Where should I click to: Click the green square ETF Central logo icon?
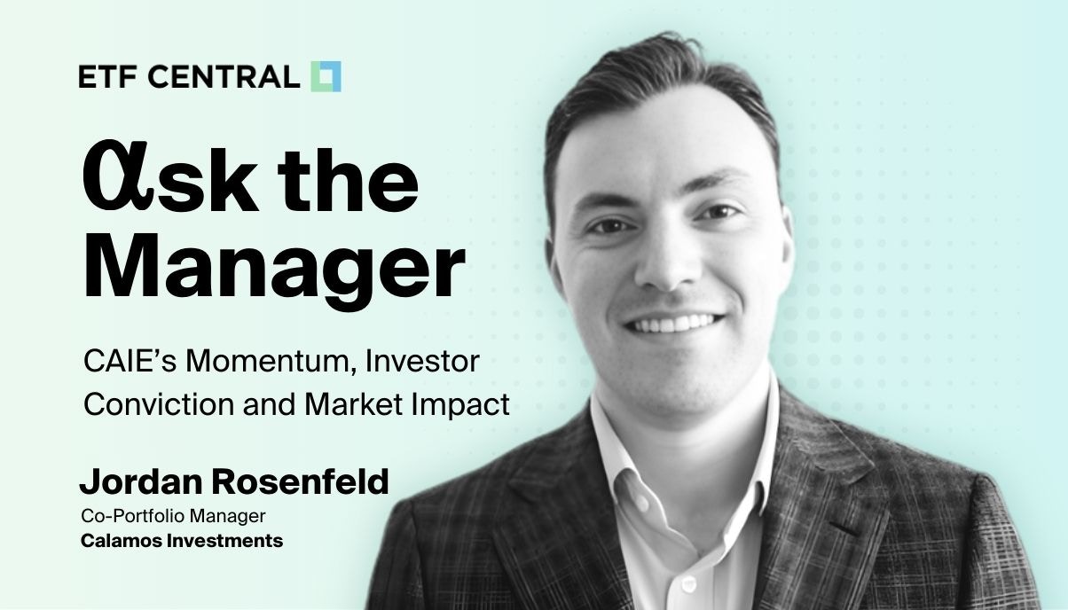point(326,76)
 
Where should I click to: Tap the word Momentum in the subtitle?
point(264,363)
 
